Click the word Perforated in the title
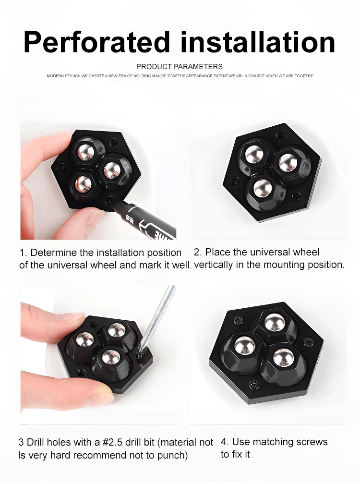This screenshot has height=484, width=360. pos(97,42)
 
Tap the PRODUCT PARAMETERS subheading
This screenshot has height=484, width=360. pos(180,66)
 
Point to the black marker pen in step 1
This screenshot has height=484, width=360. pos(145,218)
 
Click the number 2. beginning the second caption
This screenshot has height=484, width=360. pos(198,252)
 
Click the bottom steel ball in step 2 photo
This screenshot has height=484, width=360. pos(263,188)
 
